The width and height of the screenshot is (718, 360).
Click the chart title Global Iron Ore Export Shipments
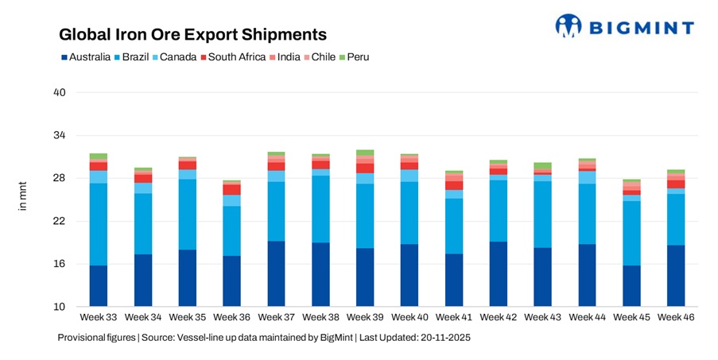(193, 35)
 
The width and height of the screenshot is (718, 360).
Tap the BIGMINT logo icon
(569, 25)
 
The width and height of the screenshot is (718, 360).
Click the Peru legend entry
(354, 57)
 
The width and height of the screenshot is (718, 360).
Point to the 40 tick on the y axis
(59, 93)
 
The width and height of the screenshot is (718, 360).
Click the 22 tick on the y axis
(59, 221)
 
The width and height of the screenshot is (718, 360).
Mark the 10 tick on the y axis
(59, 307)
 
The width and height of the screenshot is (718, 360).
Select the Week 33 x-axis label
(99, 318)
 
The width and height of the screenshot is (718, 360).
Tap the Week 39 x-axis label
(365, 318)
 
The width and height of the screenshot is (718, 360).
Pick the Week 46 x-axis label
(676, 318)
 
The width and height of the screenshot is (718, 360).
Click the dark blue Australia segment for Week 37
(276, 274)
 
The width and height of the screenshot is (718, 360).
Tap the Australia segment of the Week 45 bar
(631, 286)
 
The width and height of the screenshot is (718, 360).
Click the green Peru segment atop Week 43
(543, 165)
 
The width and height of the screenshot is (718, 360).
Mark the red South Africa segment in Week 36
(231, 190)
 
